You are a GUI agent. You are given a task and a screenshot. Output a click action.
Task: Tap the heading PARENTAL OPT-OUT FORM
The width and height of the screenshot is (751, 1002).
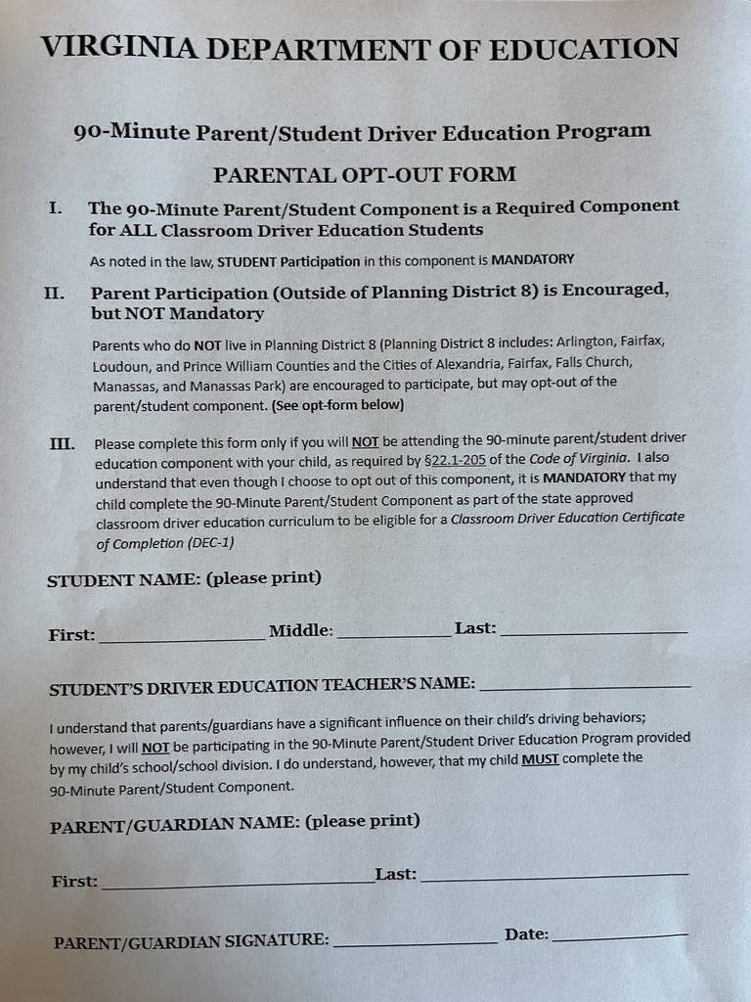coord(365,174)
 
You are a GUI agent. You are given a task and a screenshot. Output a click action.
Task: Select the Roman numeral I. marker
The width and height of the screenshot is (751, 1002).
coord(57,208)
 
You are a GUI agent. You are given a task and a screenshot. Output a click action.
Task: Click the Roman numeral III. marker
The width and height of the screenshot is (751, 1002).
coord(62,443)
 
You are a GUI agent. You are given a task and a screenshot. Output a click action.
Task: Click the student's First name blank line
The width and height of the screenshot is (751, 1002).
coord(181,638)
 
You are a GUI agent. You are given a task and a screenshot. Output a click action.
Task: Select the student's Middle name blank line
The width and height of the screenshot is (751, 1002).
coord(393,636)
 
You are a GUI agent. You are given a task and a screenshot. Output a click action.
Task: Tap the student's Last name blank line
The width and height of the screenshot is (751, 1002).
coord(594,633)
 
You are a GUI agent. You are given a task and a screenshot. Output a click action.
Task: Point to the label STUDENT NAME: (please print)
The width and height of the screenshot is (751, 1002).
coord(184,579)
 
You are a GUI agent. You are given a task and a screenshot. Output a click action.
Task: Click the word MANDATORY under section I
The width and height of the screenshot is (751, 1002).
coord(532,259)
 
